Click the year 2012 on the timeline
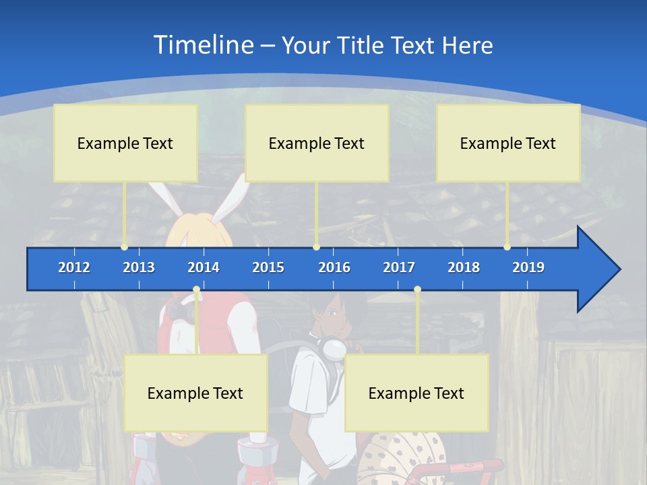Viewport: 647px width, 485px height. pos(74,267)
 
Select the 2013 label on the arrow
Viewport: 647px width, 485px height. pos(139,267)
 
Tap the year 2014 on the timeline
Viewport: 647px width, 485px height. pos(204,267)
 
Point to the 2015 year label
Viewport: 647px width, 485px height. pos(268,267)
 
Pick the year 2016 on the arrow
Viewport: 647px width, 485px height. pos(334,267)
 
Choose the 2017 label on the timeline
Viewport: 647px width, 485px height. pos(399,267)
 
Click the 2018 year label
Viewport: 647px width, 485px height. pos(464,267)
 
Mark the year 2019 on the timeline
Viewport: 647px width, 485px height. pos(528,267)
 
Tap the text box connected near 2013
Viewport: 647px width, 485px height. pos(125,143)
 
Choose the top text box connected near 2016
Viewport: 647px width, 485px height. pos(317,143)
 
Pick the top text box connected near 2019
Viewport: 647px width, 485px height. pos(508,143)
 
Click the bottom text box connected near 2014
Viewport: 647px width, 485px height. pos(195,393)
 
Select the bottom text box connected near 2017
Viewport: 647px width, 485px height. pos(417,393)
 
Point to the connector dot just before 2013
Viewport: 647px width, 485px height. pos(124,247)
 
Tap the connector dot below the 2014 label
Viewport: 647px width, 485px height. pos(196,290)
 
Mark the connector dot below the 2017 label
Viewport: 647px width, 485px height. pos(417,290)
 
